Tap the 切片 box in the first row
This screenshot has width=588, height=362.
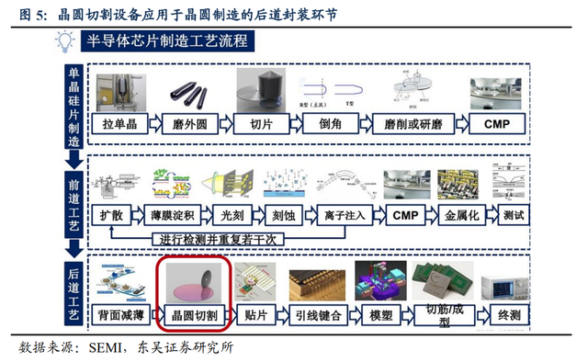click(262, 124)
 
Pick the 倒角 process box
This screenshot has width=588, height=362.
click(329, 124)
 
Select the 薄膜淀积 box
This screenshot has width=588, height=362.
click(173, 215)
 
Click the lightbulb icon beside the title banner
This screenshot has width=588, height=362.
click(65, 40)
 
